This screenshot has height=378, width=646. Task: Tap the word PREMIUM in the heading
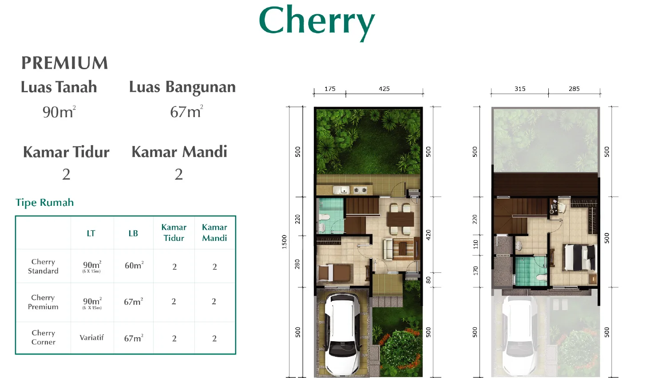tap(65, 63)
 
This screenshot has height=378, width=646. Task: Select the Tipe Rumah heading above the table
tap(44, 202)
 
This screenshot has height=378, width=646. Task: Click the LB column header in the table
tap(133, 233)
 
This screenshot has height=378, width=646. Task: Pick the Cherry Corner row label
tap(44, 337)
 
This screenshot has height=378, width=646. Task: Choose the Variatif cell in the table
tap(92, 338)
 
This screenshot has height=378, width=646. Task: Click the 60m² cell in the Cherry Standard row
tap(134, 265)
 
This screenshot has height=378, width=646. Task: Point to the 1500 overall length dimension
tap(284, 242)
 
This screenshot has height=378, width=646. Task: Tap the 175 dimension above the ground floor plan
tap(330, 89)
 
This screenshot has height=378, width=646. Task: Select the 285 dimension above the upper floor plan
tap(574, 89)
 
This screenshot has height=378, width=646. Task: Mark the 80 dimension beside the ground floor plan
tap(428, 280)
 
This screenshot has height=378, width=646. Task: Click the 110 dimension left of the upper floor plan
tap(476, 244)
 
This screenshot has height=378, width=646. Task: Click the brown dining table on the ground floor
tap(400, 219)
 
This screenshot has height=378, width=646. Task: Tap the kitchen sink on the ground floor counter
tap(343, 190)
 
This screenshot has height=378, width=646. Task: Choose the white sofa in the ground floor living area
tap(388, 249)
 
